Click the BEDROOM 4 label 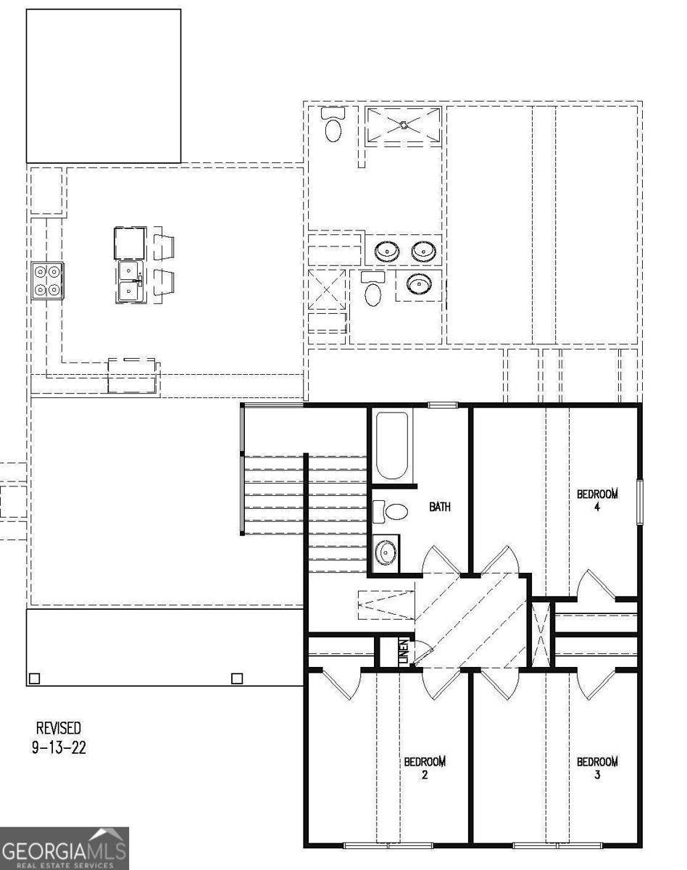click(597, 500)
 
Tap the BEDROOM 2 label click(425, 768)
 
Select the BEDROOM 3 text click(597, 768)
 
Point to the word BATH click(440, 507)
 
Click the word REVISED click(59, 728)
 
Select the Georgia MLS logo click(64, 848)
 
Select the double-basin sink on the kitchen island click(130, 283)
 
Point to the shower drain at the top click(403, 125)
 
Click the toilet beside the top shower click(333, 126)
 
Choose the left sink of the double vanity click(388, 252)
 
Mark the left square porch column click(33, 679)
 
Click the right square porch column click(236, 679)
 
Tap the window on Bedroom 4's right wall click(640, 501)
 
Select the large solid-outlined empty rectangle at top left click(104, 86)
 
